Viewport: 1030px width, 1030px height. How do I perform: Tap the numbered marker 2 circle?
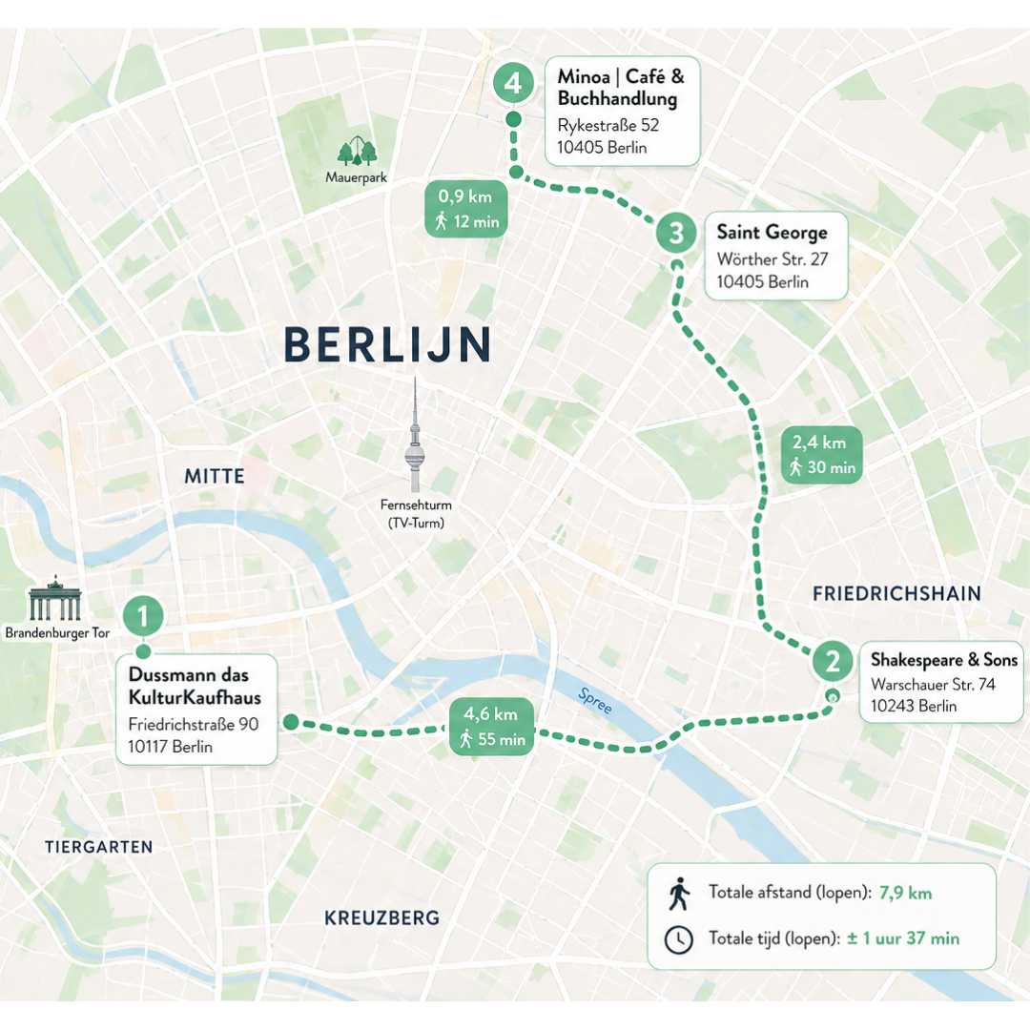point(833,660)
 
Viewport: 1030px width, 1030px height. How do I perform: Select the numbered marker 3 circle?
point(676,232)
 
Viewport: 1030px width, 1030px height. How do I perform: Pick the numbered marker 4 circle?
point(513,83)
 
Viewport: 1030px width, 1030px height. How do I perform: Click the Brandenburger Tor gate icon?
point(55,600)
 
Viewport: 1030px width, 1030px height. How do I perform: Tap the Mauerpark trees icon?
point(357,151)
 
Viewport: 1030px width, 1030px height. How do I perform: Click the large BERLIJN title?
point(388,344)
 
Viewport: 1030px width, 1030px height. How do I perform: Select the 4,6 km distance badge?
point(492,726)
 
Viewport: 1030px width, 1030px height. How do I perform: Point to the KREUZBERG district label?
point(381,917)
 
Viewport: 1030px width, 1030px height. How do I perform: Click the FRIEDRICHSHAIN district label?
point(896,593)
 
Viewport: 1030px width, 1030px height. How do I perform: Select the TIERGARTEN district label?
point(98,846)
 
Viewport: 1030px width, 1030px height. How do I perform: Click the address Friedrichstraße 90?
point(193,725)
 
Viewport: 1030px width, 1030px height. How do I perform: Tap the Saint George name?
point(772,232)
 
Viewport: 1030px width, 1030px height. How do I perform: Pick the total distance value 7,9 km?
point(906,893)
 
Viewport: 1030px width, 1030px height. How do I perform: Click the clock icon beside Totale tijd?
point(678,938)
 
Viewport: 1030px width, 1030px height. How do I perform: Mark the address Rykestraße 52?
point(608,125)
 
